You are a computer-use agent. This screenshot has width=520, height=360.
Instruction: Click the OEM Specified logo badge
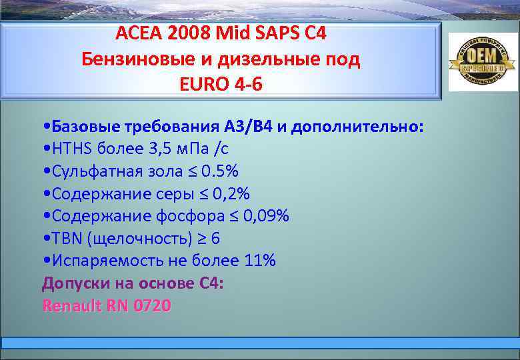(x=481, y=62)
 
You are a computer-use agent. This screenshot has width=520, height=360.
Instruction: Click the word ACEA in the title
(x=137, y=33)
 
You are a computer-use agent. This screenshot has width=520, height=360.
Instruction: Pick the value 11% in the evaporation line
(x=260, y=261)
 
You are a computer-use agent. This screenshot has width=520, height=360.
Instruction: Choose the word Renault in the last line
(x=71, y=305)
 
